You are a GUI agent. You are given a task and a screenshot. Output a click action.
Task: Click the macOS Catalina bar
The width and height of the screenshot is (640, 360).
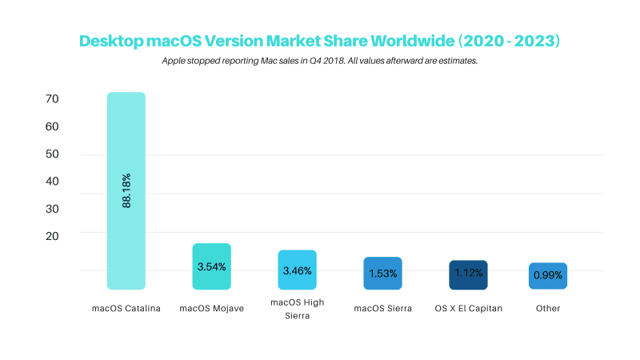(126, 144)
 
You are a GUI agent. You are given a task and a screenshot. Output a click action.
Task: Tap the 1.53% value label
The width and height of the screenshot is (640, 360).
(382, 274)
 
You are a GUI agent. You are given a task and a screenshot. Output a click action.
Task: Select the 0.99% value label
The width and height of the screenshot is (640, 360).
(548, 275)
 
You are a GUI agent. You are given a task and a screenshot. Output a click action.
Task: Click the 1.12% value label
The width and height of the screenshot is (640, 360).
(468, 273)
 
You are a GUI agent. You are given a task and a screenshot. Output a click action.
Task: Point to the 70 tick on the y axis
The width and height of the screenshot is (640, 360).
(53, 99)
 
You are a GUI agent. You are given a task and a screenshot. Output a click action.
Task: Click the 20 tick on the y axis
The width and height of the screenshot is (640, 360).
(53, 235)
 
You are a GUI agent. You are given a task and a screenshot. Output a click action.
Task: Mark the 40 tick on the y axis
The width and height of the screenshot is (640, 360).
(53, 181)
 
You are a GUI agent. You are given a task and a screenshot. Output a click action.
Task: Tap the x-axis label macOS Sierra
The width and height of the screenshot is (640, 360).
(382, 308)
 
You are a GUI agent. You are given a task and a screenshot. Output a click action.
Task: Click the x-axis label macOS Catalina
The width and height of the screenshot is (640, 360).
(126, 308)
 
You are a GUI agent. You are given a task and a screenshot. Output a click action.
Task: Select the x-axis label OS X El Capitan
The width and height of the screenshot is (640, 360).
(468, 308)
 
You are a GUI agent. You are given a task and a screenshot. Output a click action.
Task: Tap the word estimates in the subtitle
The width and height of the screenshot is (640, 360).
(454, 61)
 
